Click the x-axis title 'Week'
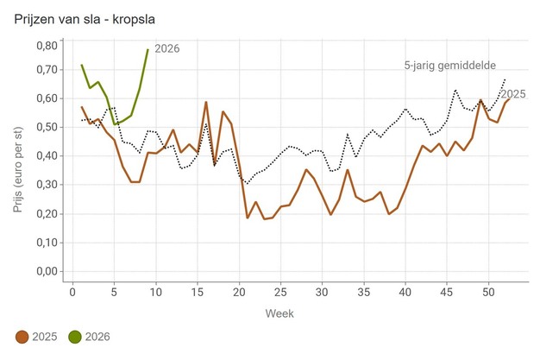(280, 311)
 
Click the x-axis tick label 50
(488, 291)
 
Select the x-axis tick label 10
(156, 291)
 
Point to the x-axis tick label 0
(73, 291)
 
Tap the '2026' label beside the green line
(166, 49)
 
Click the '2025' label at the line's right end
(513, 94)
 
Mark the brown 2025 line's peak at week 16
(206, 102)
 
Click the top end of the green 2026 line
(148, 50)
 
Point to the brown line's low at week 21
(248, 218)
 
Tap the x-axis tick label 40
(405, 291)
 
